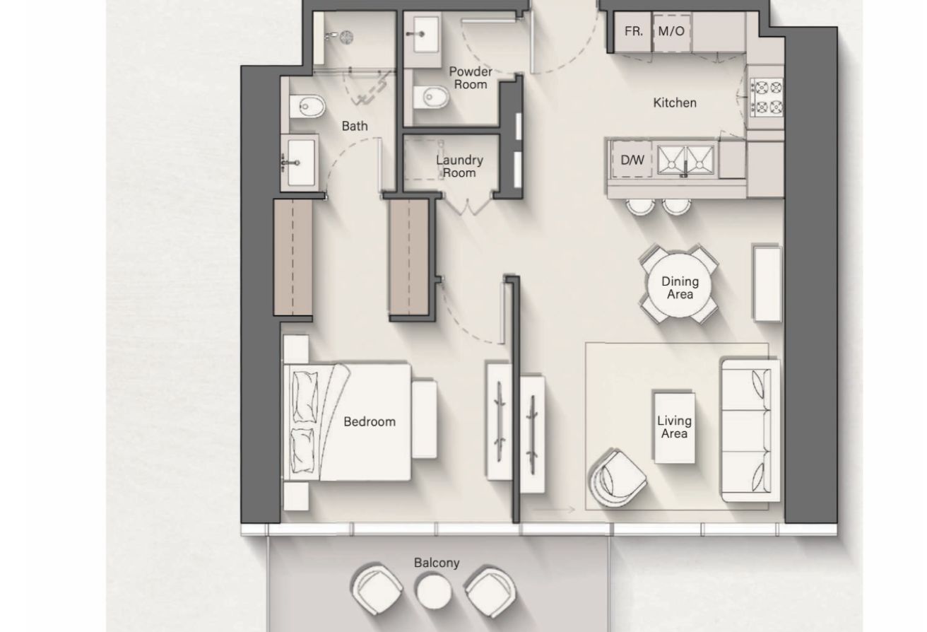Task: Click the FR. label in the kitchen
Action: click(633, 32)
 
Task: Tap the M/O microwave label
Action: click(671, 32)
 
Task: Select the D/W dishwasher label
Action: click(632, 160)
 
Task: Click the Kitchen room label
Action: click(675, 103)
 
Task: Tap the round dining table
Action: click(679, 287)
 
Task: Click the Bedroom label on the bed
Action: click(369, 422)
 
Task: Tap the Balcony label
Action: click(437, 563)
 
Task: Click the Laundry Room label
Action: click(459, 166)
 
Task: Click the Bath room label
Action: click(355, 127)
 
